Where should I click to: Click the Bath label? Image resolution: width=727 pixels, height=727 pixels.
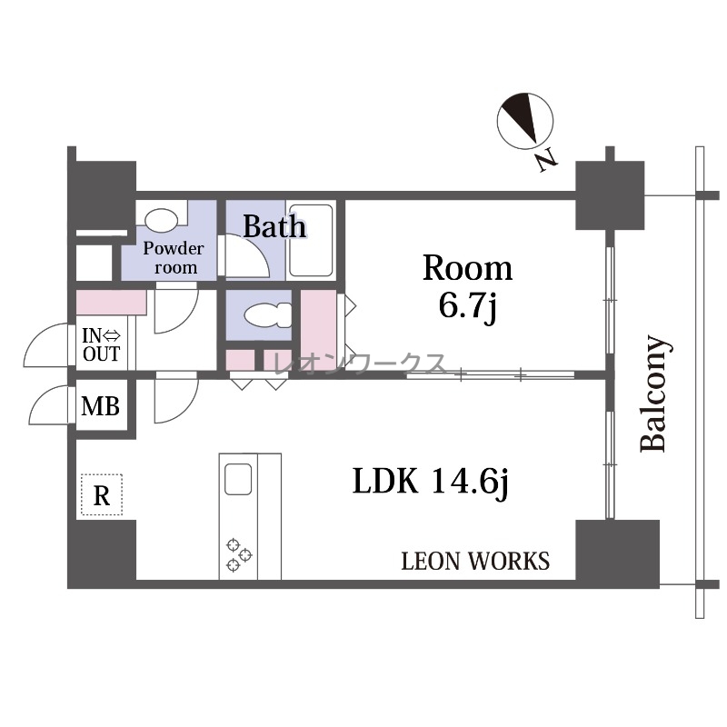coord(274,226)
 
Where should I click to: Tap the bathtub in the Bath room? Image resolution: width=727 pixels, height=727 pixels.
coord(311,240)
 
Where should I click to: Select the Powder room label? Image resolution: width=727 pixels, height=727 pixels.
coord(173,258)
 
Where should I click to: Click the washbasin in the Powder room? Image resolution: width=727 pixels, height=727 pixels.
coord(161,218)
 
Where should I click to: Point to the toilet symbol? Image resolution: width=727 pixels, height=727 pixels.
coord(268,315)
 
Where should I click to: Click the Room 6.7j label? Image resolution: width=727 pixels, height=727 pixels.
coord(467,287)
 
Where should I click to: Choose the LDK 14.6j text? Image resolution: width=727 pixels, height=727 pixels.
coord(431,482)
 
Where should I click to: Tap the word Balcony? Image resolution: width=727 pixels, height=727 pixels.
coord(653,393)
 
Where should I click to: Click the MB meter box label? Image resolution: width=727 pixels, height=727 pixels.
coord(101,406)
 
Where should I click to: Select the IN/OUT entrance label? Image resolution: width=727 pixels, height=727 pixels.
coord(102,344)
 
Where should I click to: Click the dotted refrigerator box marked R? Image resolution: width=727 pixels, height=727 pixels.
coord(102,494)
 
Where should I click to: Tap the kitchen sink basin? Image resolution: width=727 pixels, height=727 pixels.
coord(238,480)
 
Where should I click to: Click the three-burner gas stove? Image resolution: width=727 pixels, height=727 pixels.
coord(239,554)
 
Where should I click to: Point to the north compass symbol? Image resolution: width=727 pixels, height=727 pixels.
coord(525,121)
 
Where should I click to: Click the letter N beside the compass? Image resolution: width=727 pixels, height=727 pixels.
coord(547,160)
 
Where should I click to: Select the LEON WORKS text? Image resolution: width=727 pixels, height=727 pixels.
coord(475,561)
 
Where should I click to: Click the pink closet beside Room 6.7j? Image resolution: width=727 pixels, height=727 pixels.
coord(319,330)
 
